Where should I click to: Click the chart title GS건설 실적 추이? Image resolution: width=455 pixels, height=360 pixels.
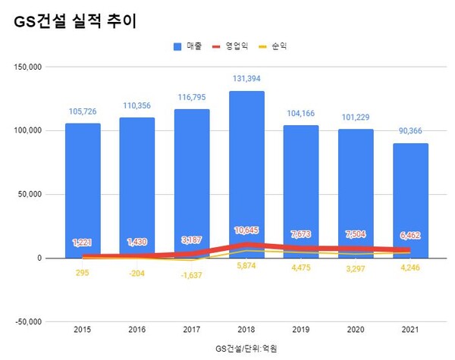[x=75, y=21]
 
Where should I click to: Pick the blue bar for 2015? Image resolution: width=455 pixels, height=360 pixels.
[x=83, y=189]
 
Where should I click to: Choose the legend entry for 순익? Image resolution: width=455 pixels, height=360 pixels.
[x=274, y=46]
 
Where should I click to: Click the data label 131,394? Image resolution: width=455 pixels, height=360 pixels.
[x=246, y=78]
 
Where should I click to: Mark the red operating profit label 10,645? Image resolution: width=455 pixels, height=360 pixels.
[x=246, y=230]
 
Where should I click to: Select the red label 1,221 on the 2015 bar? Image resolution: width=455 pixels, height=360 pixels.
[x=83, y=243]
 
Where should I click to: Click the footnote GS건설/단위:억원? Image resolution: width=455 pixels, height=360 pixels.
[x=246, y=348]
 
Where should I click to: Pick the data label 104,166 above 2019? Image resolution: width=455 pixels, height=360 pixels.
[x=301, y=113]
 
